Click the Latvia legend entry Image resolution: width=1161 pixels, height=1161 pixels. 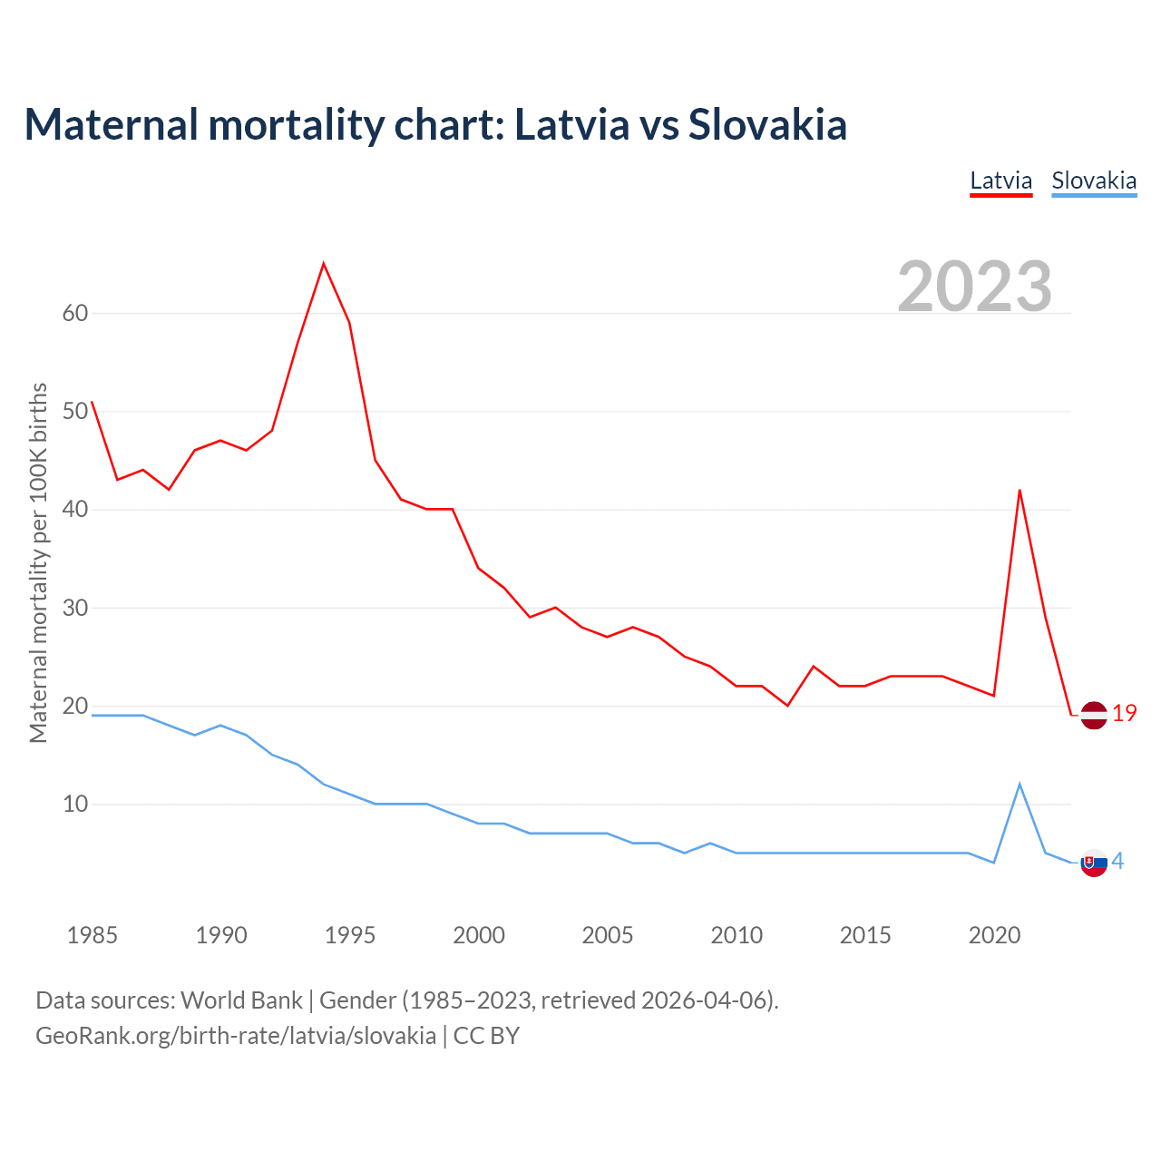[x=1000, y=180]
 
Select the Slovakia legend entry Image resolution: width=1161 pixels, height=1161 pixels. [x=1093, y=180]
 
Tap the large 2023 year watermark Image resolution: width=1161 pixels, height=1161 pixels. [x=974, y=286]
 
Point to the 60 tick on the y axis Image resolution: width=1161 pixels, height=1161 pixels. [x=75, y=313]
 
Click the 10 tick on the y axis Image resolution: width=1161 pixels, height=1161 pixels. [x=75, y=804]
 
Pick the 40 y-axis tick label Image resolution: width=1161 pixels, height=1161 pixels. [x=75, y=509]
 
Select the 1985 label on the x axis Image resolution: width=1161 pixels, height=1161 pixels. [x=93, y=935]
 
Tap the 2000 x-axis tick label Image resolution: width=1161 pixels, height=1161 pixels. [x=479, y=935]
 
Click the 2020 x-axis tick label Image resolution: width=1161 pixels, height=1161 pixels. [x=994, y=935]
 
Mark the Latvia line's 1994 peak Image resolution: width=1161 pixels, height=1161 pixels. [x=324, y=264]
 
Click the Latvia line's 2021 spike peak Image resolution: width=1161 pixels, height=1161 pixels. [x=1020, y=491]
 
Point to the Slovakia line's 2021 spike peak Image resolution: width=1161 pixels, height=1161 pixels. [x=1020, y=784]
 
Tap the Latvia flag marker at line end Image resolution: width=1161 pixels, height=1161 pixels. [x=1094, y=715]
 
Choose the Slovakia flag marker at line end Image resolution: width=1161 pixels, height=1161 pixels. [x=1094, y=863]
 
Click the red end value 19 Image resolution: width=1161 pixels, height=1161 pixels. [x=1124, y=714]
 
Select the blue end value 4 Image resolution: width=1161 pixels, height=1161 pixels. [x=1118, y=861]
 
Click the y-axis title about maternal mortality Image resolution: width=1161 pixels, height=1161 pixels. [x=38, y=562]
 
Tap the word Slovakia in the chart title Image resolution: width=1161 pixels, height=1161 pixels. [x=767, y=124]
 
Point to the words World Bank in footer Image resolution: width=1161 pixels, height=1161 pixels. [x=241, y=1000]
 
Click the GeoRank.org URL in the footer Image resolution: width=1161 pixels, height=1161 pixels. [x=236, y=1036]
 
